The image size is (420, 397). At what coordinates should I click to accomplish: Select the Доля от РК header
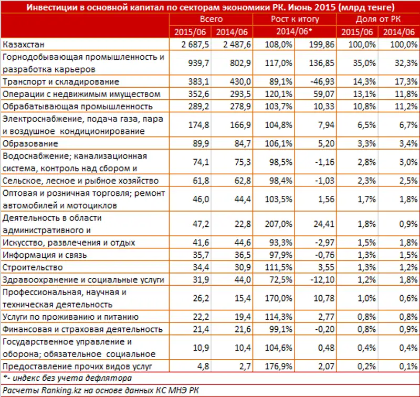[x=377, y=19]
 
